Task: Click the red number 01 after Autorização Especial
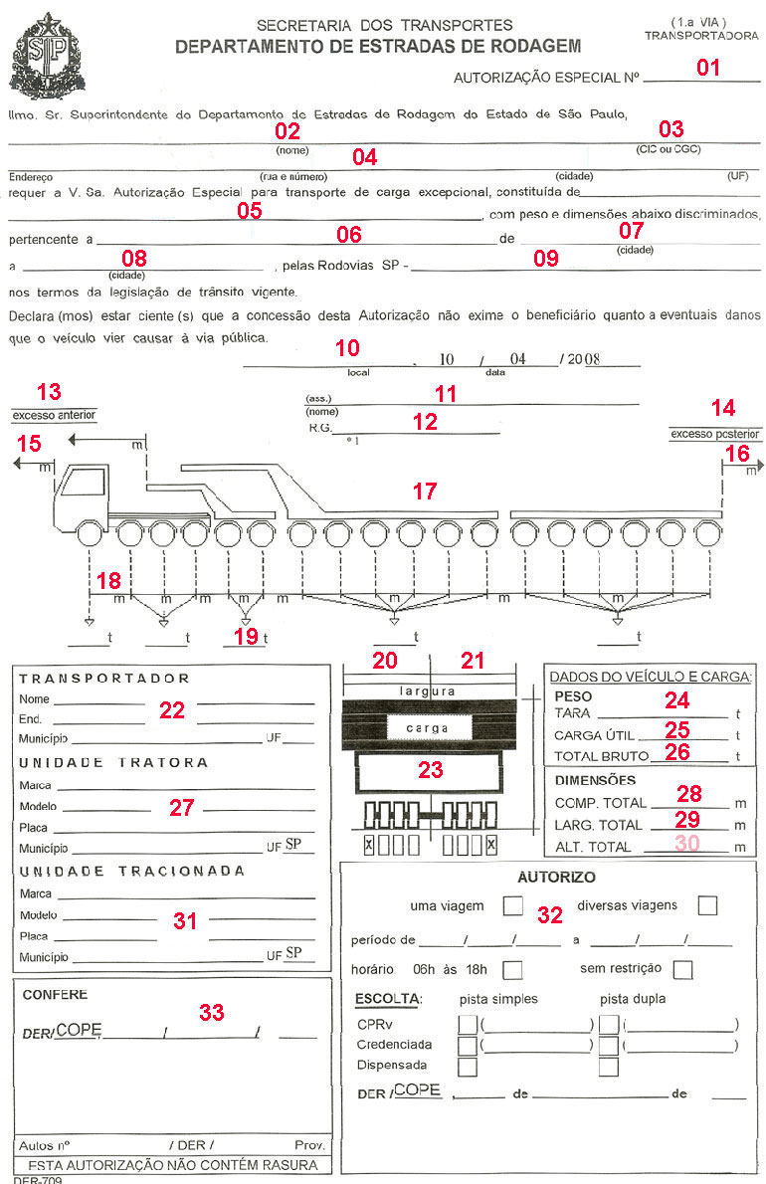(x=707, y=68)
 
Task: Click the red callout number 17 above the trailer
(x=425, y=491)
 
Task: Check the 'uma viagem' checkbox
(x=512, y=906)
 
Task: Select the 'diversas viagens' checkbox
(x=707, y=906)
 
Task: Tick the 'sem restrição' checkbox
(x=682, y=969)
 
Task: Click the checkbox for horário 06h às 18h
(x=513, y=969)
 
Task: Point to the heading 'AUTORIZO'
(x=557, y=878)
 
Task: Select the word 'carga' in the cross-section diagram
(x=428, y=728)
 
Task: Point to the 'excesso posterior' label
(x=714, y=434)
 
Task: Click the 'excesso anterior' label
(x=53, y=415)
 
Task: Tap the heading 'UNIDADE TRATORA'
(x=112, y=762)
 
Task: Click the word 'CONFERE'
(x=55, y=994)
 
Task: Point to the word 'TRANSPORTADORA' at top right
(x=701, y=35)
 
